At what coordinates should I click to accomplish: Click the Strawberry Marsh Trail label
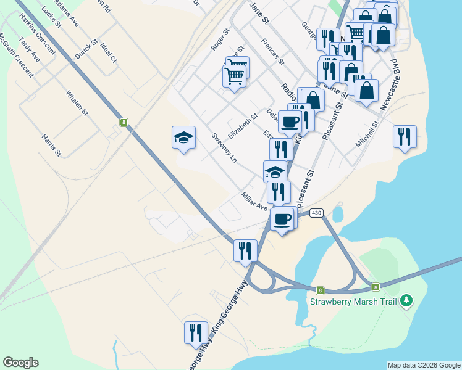pos(353,302)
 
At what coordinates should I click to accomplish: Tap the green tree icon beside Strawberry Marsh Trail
pos(406,301)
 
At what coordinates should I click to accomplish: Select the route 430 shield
pos(316,213)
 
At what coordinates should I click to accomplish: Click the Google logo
pos(20,363)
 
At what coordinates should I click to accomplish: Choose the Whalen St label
pos(77,104)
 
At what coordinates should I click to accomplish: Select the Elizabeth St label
pos(242,125)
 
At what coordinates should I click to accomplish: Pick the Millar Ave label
pos(254,201)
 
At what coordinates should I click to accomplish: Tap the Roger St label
pos(219,39)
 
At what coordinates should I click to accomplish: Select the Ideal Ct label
pos(108,53)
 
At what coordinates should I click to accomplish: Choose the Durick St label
pos(86,50)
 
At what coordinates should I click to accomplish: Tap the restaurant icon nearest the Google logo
pos(195,332)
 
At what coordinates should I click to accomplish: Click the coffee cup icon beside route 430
pos(282,219)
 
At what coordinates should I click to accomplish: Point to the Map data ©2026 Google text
pos(424,365)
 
